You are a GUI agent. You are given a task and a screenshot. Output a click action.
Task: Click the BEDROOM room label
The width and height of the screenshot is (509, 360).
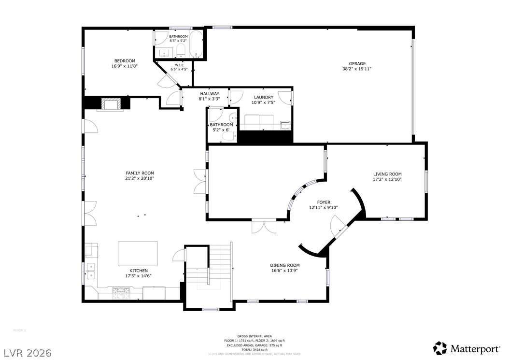point(125,60)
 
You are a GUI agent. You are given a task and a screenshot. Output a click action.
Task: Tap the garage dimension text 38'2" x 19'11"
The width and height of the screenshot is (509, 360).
point(357,69)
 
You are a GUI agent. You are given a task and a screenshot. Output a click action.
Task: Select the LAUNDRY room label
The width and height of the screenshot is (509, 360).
point(263,97)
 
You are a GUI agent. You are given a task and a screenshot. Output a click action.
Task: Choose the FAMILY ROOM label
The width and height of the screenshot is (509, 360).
point(140,173)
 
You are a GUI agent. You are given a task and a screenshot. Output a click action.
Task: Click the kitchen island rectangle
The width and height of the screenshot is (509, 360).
point(138,254)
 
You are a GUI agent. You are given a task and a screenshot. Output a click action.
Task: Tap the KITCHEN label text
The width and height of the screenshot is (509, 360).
point(138,271)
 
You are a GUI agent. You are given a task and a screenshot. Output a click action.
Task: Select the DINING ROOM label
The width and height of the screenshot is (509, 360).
point(285,265)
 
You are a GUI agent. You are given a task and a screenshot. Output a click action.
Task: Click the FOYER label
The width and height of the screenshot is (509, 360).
point(323,202)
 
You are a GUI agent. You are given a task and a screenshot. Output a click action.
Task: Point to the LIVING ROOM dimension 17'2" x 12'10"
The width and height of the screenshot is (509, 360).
point(387,179)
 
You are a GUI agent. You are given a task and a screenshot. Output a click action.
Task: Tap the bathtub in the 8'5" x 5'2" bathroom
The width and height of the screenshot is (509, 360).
point(196,44)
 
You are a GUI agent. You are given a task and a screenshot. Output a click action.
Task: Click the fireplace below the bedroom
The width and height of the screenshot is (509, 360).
point(112,104)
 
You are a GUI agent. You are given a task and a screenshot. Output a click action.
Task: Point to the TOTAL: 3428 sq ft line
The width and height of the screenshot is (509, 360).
point(254,349)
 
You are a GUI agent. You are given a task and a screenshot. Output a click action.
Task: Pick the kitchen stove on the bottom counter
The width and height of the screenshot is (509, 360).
point(120,291)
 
